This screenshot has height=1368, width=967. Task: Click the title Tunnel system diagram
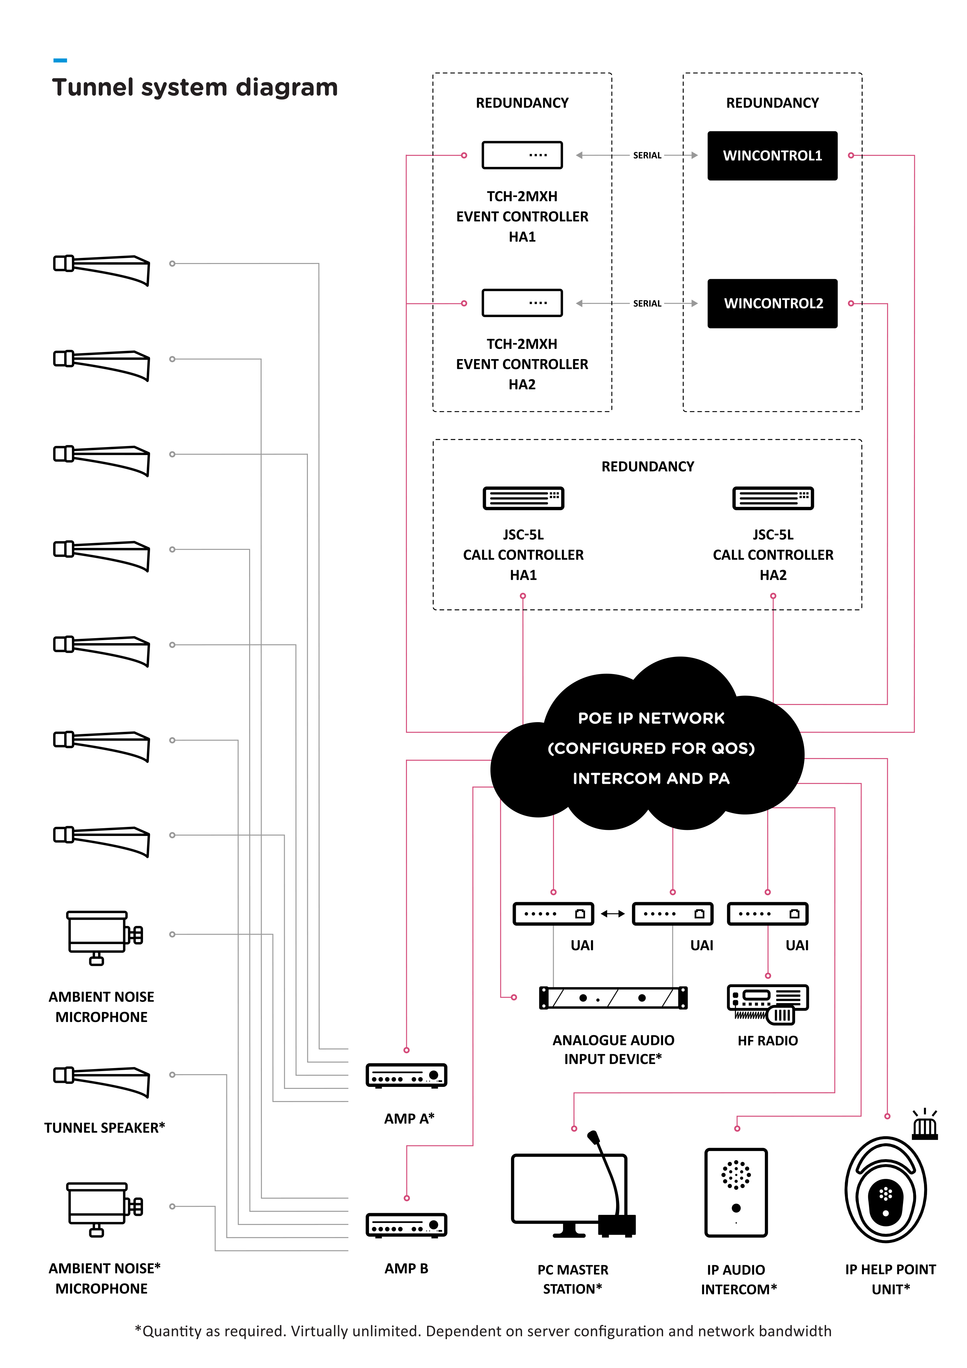click(x=195, y=88)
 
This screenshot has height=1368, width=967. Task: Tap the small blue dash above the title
click(x=60, y=60)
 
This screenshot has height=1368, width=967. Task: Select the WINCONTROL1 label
click(x=772, y=156)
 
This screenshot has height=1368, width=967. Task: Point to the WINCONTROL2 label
click(x=773, y=303)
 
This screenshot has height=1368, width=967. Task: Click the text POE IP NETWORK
click(x=651, y=718)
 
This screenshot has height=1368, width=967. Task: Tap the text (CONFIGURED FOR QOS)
click(x=651, y=748)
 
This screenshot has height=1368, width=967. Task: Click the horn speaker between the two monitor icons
click(x=102, y=1080)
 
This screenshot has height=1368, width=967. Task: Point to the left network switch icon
click(x=673, y=913)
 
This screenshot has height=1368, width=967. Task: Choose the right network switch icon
click(x=768, y=913)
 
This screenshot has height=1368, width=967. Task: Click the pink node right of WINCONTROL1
click(x=851, y=156)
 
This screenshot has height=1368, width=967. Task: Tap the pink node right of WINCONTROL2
click(x=851, y=303)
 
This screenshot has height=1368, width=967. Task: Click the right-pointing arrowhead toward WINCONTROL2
click(x=694, y=303)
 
